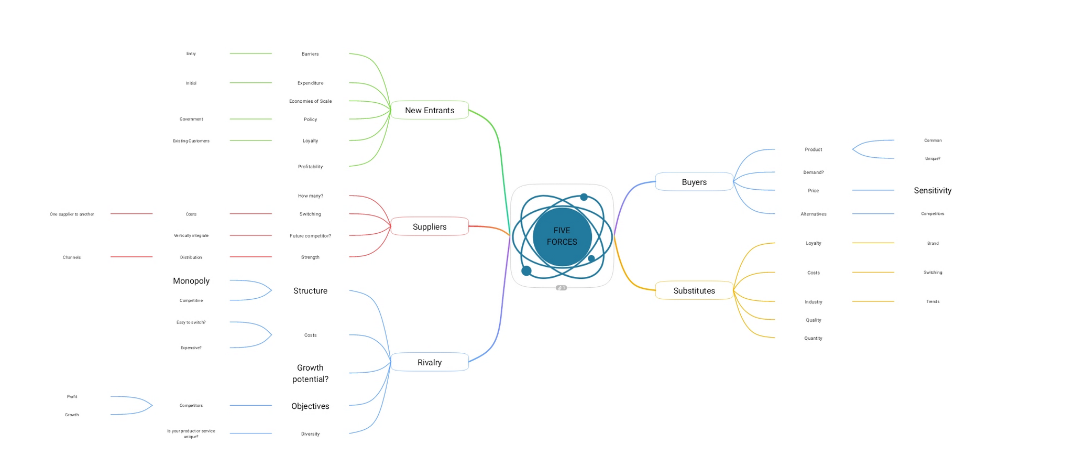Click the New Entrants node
(430, 110)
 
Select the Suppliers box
(430, 226)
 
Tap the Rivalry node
(430, 362)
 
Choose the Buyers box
(694, 182)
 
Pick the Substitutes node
(694, 290)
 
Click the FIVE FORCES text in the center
(562, 236)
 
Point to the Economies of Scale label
(310, 101)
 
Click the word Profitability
(310, 167)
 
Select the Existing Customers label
(191, 141)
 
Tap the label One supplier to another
(72, 214)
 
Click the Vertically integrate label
(191, 236)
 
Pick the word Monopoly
(191, 281)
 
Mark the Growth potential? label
(310, 373)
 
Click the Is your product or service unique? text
(191, 434)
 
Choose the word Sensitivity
(932, 190)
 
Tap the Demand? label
(813, 172)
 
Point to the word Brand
(932, 243)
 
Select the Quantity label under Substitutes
(813, 339)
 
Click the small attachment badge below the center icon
(561, 288)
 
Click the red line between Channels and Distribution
(131, 257)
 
